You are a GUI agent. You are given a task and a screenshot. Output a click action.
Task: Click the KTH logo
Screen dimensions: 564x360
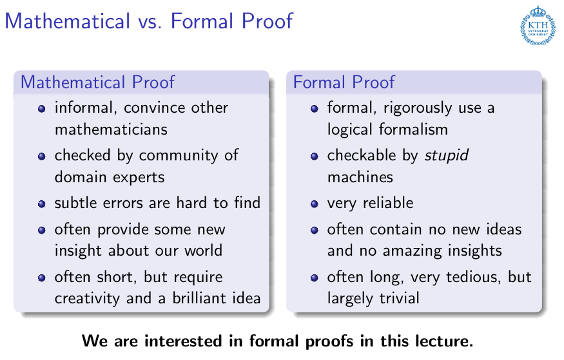click(538, 25)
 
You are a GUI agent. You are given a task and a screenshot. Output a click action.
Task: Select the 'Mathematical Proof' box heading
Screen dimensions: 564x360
click(97, 82)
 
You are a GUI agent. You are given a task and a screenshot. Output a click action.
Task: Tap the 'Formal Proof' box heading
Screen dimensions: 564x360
click(344, 82)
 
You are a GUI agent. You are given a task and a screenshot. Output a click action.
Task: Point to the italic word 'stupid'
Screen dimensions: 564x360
click(446, 156)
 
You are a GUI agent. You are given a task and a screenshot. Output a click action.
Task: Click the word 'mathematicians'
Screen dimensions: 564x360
click(111, 129)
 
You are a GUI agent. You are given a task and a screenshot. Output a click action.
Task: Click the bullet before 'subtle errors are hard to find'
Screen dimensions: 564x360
click(42, 204)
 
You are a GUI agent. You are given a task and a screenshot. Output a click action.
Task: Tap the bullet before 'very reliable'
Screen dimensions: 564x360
click(315, 204)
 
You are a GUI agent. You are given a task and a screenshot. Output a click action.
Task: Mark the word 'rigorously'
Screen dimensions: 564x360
click(418, 108)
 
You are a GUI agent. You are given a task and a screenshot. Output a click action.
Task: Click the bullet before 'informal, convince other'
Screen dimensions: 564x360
click(42, 108)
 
